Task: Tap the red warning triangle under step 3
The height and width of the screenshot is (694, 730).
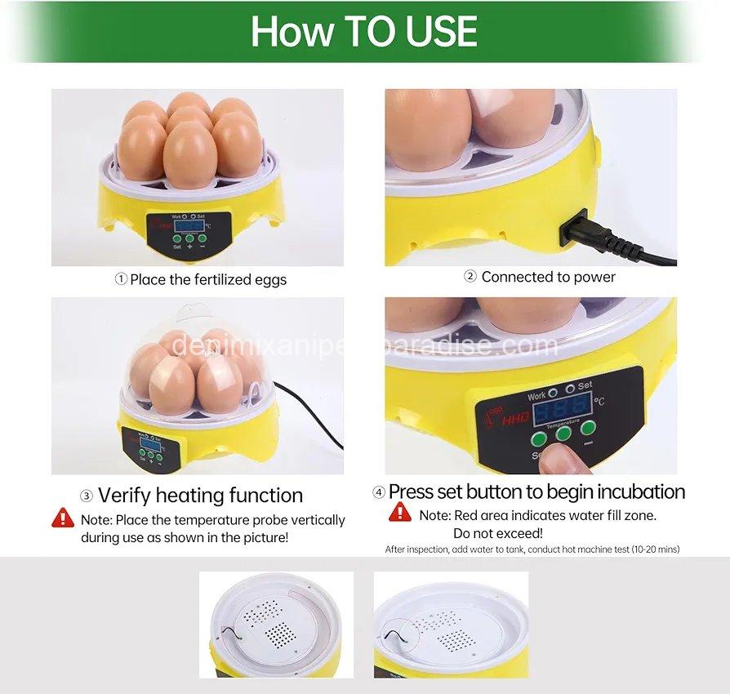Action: click(63, 518)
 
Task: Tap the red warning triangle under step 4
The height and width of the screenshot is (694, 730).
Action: click(400, 513)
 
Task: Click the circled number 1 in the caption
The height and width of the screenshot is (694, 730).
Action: click(120, 279)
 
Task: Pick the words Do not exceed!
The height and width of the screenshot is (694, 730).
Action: click(497, 532)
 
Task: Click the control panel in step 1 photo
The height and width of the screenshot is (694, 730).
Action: click(189, 229)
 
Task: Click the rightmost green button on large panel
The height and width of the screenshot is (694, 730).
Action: click(588, 428)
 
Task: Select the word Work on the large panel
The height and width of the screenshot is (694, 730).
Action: click(537, 395)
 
